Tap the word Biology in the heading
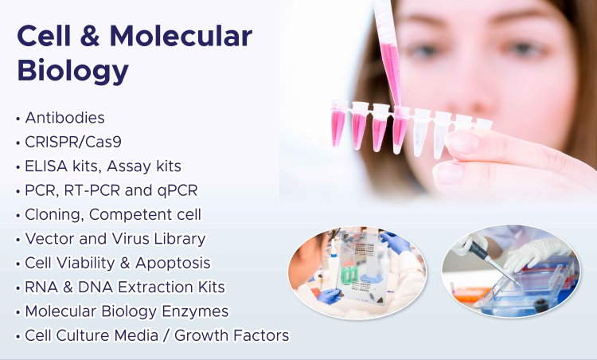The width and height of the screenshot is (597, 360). pos(72,72)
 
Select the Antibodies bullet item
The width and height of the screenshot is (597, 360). pos(64,118)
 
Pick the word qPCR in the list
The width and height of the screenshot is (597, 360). pos(176,191)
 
